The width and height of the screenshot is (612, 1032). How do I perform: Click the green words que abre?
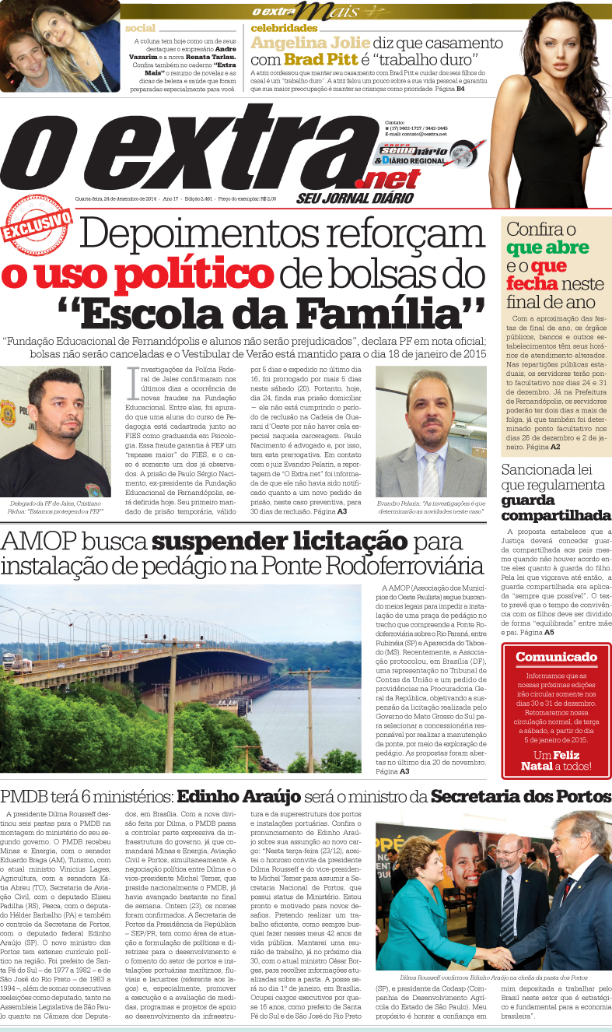point(544,247)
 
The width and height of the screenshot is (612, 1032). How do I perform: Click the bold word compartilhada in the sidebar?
point(555,515)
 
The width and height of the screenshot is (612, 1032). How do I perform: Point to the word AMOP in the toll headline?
point(34,542)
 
